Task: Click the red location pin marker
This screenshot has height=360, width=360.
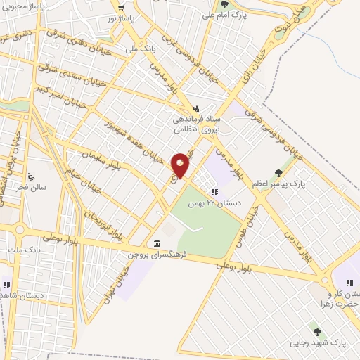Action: coord(181,165)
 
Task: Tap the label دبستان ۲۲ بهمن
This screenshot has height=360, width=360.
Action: coord(213,202)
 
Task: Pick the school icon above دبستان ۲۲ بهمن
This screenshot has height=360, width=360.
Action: coord(214,191)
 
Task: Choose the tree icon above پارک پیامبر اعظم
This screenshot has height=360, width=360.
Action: coord(280,172)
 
